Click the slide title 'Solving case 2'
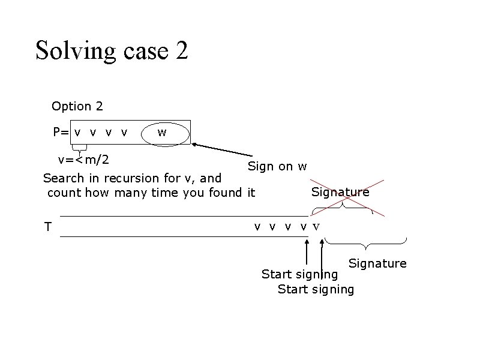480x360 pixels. click(112, 50)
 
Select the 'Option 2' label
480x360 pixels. click(77, 106)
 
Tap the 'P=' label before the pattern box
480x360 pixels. click(61, 132)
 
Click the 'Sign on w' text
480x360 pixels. click(278, 166)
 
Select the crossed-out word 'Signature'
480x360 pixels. click(340, 192)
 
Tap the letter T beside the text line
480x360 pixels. click(47, 227)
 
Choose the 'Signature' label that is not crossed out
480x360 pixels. click(377, 263)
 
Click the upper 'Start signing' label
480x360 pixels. click(299, 274)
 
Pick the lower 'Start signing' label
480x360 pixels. click(316, 289)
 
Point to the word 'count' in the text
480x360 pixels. click(64, 193)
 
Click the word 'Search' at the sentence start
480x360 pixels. click(61, 178)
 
